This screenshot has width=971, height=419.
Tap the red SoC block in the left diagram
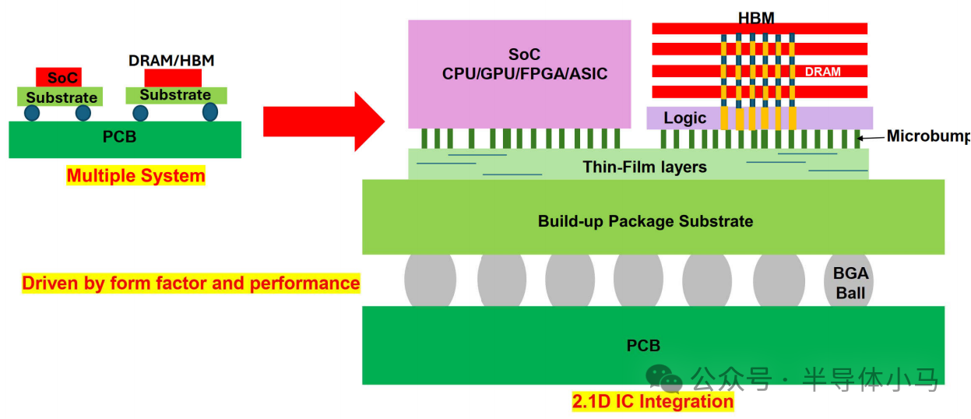(58, 77)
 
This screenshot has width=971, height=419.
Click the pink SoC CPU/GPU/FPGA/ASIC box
(519, 74)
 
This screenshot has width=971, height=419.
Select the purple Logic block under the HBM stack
(759, 118)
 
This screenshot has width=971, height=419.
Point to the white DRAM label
(822, 72)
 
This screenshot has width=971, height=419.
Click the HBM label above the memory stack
(756, 18)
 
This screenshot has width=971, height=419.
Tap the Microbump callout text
(928, 136)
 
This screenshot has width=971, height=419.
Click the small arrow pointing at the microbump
(871, 138)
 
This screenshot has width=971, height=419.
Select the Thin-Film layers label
(645, 167)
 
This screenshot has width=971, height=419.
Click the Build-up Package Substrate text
(646, 221)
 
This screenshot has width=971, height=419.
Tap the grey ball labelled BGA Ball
(848, 280)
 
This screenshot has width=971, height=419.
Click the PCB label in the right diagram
(643, 346)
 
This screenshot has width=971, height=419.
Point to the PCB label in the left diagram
(120, 137)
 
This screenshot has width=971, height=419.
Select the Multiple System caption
(135, 176)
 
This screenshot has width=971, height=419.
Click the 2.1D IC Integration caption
(653, 401)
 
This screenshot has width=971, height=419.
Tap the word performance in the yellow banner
(304, 283)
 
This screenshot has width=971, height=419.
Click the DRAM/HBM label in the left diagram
(171, 61)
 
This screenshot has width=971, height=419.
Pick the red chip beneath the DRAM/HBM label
(173, 78)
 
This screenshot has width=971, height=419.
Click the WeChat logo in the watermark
(663, 379)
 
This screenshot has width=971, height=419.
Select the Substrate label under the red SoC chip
(62, 97)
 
